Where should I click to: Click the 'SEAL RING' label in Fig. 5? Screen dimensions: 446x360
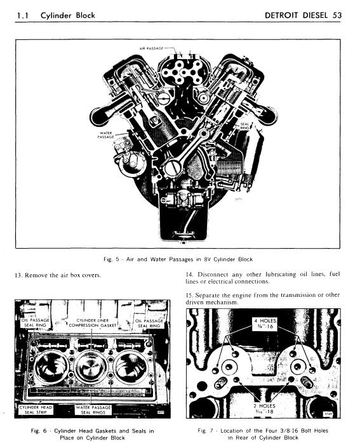[x=244, y=125]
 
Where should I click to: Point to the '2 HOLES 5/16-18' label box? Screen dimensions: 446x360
[x=263, y=407]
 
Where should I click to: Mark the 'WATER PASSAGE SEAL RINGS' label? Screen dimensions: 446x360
[x=93, y=409]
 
